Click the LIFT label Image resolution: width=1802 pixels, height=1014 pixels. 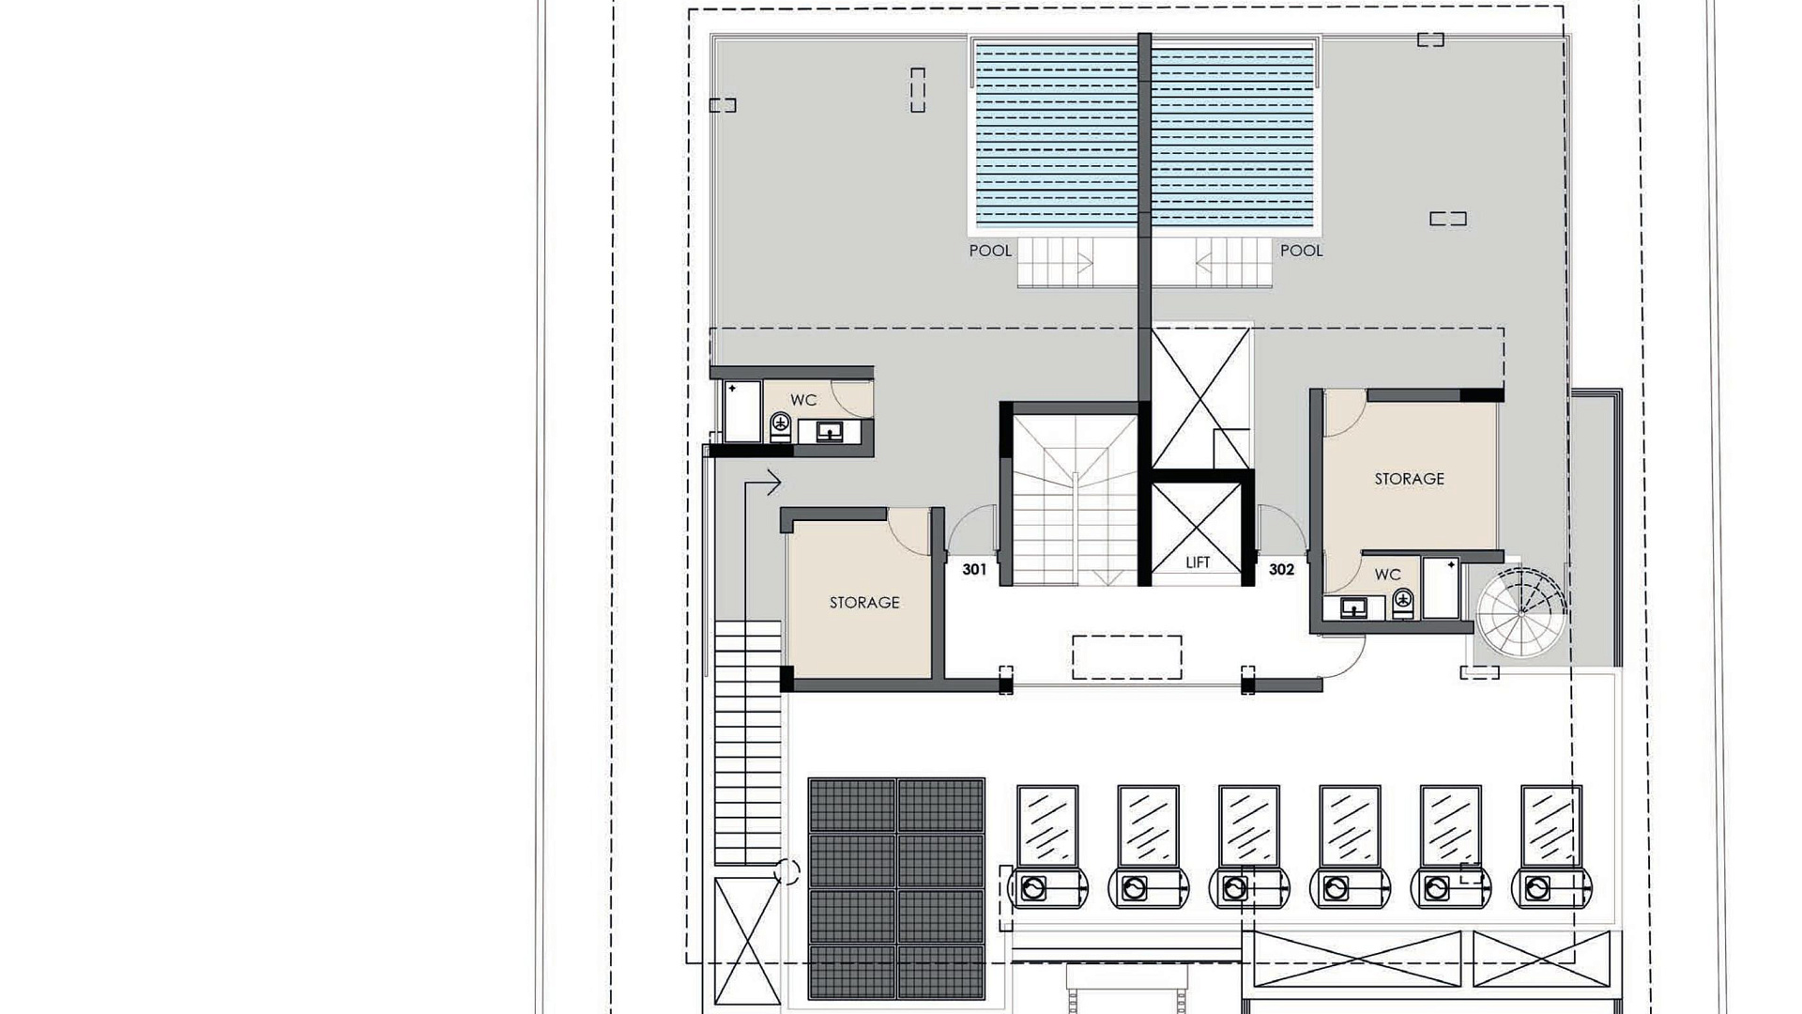[x=1198, y=562]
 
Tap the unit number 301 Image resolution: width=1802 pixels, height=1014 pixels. [x=974, y=569]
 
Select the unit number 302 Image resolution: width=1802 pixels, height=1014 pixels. [x=1281, y=569]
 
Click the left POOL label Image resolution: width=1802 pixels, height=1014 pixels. [x=990, y=251]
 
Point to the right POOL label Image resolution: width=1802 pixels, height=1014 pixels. [x=1302, y=251]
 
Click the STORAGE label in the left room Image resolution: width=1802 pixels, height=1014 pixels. [x=864, y=603]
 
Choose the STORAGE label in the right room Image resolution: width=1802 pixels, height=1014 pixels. [x=1410, y=479]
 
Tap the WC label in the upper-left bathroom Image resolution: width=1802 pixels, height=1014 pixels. [x=803, y=400]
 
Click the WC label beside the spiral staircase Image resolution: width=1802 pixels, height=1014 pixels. [x=1388, y=575]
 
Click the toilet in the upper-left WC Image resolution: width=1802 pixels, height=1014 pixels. [x=781, y=427]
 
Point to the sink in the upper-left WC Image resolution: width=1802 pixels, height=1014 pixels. [x=829, y=432]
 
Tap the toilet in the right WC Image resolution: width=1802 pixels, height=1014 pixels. [x=1403, y=603]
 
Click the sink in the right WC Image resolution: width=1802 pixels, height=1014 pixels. [x=1353, y=608]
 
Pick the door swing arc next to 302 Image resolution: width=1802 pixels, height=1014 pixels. [x=1281, y=529]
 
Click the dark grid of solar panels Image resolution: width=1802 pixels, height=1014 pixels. [x=896, y=888]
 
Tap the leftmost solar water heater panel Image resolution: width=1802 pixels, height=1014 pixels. [x=1047, y=826]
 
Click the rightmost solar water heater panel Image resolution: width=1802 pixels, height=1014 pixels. [x=1551, y=826]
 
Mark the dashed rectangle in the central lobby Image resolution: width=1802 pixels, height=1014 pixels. [x=1127, y=657]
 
